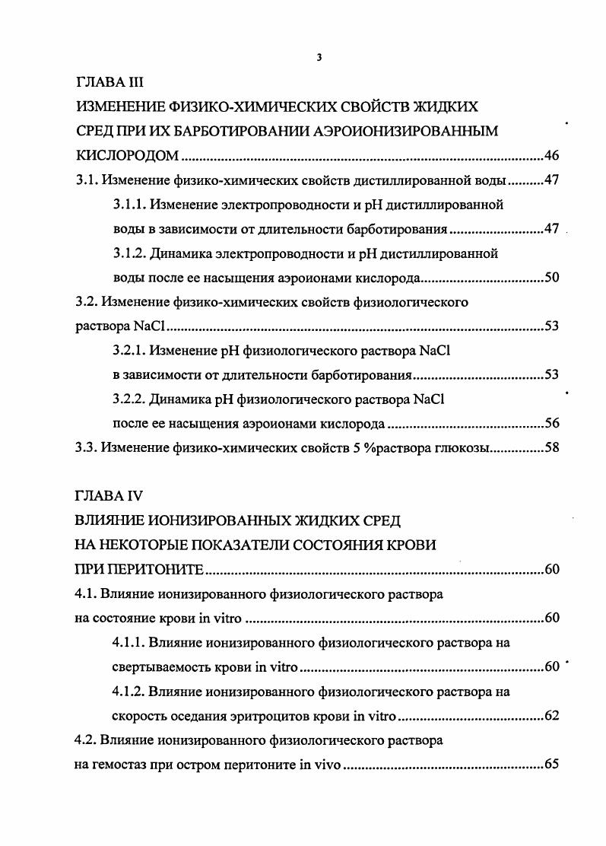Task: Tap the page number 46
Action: point(551,156)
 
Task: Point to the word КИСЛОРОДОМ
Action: point(127,156)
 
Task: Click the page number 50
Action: point(551,278)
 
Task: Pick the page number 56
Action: point(551,424)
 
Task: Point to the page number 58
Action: point(551,448)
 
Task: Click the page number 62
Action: point(551,716)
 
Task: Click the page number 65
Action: point(551,765)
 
